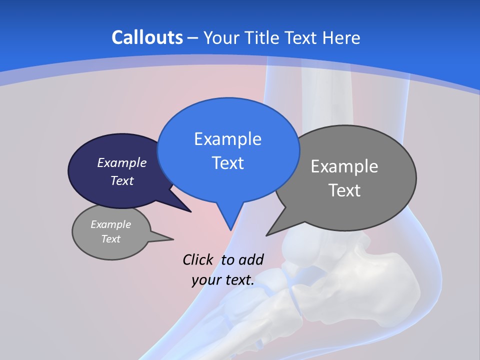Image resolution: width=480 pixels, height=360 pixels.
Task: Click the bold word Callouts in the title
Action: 147,37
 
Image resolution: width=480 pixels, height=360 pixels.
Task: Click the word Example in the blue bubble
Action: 227,139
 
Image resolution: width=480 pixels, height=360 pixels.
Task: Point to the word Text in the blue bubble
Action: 227,163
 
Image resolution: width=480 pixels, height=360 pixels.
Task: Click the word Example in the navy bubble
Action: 122,162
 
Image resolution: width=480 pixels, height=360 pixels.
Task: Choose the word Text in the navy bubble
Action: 122,181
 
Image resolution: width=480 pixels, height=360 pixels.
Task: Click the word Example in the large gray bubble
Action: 344,166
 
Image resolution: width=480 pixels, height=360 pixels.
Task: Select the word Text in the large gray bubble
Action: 344,190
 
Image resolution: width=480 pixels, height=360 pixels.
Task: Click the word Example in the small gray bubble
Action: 110,224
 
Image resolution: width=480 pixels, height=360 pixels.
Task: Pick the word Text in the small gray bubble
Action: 110,239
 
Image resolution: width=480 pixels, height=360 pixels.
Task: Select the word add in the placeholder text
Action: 251,259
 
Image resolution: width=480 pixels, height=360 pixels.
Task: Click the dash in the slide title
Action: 193,38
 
